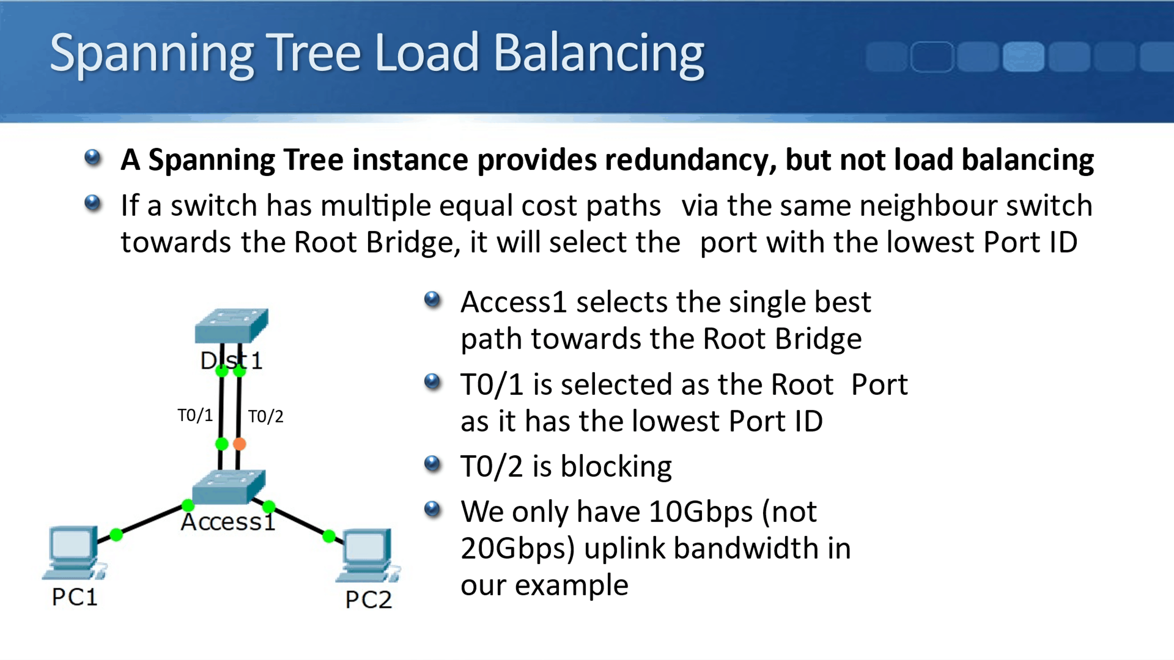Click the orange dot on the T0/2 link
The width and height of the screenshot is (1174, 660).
239,444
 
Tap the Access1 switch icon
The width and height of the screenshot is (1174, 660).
229,487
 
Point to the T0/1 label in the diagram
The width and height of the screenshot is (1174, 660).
195,415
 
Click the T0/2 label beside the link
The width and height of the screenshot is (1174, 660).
266,416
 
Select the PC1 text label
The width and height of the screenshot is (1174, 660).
75,597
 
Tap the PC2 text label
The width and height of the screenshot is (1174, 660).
369,599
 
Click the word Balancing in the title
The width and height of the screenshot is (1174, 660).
599,53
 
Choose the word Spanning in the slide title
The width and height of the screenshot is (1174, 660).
152,53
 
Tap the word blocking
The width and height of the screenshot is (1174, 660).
616,467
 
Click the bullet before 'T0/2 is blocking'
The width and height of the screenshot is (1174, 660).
433,464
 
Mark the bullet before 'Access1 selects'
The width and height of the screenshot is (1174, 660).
433,299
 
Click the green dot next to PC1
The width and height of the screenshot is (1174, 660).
116,534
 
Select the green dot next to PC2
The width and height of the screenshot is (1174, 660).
329,536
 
